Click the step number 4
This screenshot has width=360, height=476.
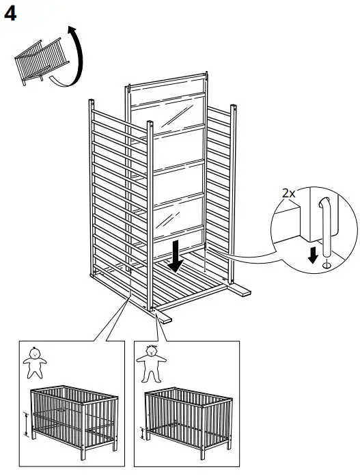10,14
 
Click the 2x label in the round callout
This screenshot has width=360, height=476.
289,193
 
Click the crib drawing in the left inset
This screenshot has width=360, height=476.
72,417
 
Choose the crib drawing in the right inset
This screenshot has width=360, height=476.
188,417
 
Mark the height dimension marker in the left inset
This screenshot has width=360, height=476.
25,425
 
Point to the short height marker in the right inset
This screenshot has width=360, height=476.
142,432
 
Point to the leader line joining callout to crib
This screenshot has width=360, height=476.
253,256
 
